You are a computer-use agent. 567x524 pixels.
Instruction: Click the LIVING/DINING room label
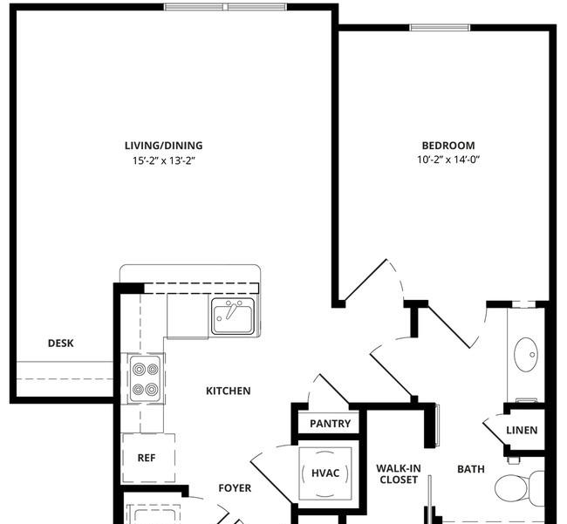(x=163, y=146)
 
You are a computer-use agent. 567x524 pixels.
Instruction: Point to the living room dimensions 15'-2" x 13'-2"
(x=164, y=160)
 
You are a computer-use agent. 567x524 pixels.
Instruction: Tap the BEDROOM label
(x=448, y=146)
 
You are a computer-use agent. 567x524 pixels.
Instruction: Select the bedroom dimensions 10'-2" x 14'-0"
(x=448, y=160)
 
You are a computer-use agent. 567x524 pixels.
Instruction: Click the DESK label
(x=61, y=343)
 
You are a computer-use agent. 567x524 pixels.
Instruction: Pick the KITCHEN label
(x=229, y=391)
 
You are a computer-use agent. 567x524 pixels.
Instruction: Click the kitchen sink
(x=233, y=316)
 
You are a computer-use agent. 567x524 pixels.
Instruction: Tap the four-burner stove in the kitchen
(x=146, y=378)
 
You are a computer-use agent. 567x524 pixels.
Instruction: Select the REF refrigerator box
(x=148, y=458)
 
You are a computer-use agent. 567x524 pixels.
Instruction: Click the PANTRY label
(x=330, y=423)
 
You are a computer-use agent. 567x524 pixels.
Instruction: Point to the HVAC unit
(x=325, y=473)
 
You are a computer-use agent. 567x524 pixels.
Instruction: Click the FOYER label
(x=235, y=488)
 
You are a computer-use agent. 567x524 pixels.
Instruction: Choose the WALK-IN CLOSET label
(x=399, y=473)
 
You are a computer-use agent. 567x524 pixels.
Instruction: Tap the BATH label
(x=471, y=469)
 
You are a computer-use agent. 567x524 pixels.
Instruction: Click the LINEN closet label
(x=522, y=430)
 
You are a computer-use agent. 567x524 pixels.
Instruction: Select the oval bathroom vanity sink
(x=526, y=355)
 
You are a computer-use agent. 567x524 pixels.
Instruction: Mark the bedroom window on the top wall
(x=440, y=28)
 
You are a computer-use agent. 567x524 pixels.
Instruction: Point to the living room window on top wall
(x=225, y=6)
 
